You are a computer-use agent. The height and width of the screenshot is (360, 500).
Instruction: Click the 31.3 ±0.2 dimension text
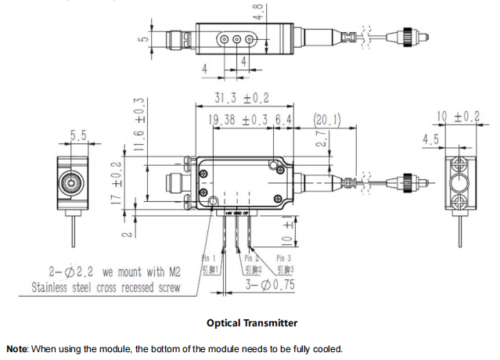pyautogui.click(x=242, y=99)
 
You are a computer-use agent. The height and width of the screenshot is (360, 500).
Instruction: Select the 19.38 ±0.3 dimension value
pyautogui.click(x=239, y=121)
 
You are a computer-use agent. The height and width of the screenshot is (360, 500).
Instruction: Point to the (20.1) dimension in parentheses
pyautogui.click(x=326, y=121)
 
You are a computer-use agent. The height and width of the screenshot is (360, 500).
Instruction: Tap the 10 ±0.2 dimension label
pyautogui.click(x=458, y=117)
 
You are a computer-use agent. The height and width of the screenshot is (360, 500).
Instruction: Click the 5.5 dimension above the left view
pyautogui.click(x=78, y=136)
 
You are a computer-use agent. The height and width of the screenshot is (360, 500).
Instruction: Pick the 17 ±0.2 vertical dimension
pyautogui.click(x=117, y=181)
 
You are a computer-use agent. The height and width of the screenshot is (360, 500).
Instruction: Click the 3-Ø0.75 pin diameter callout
pyautogui.click(x=271, y=285)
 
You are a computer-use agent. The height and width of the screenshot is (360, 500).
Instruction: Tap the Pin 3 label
pyautogui.click(x=284, y=258)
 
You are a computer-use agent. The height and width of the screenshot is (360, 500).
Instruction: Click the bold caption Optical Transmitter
pyautogui.click(x=252, y=322)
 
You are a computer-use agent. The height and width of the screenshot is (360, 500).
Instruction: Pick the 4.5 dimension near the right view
pyautogui.click(x=430, y=139)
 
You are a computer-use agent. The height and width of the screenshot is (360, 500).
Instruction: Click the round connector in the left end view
pyautogui.click(x=71, y=185)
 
